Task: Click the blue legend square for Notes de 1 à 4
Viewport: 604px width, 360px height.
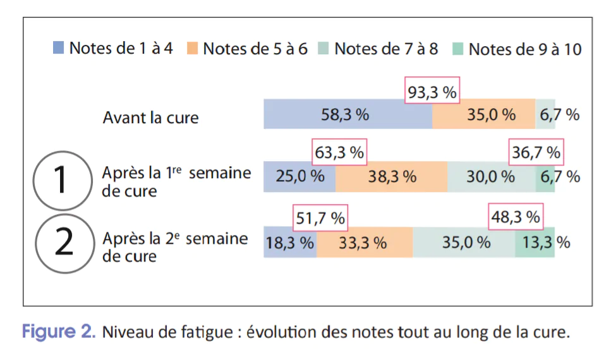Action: pos(59,48)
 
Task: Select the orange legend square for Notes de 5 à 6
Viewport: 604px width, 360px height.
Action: pos(193,48)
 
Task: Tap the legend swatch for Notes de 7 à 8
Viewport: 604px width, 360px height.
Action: pos(325,48)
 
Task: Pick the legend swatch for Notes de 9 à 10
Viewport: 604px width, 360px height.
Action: pos(459,48)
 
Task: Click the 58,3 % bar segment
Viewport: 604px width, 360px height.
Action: pos(347,114)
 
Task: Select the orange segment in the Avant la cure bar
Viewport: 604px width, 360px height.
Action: pos(484,114)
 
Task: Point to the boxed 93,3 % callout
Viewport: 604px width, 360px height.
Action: pos(432,92)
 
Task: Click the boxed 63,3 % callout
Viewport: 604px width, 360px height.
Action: pos(340,152)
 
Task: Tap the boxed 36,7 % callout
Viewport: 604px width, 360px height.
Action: pos(535,152)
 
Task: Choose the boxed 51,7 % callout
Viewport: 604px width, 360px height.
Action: pos(321,218)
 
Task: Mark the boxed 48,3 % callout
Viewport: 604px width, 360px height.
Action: pos(516,218)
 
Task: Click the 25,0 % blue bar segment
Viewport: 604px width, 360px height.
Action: pos(299,176)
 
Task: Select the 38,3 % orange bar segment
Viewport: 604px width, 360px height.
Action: pos(392,176)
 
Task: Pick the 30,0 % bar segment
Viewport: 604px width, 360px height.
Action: pos(491,176)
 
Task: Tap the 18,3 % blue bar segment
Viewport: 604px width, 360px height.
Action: pos(290,242)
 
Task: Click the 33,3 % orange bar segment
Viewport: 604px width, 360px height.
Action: pos(365,242)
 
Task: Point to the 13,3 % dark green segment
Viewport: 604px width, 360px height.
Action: pos(535,242)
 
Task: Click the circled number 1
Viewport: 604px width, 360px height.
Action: pos(61,181)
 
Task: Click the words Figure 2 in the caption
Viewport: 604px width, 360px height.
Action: pos(58,332)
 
